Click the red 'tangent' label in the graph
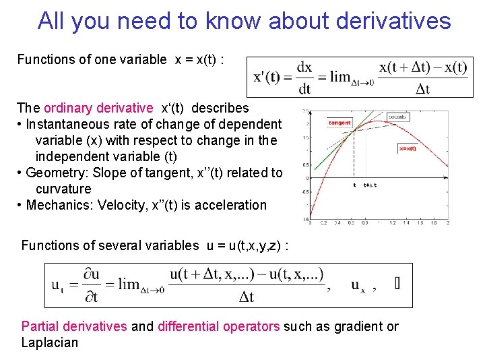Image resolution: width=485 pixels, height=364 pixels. (339, 123)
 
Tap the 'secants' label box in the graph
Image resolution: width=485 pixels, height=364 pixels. (397, 117)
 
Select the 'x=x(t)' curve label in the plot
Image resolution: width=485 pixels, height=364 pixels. (407, 149)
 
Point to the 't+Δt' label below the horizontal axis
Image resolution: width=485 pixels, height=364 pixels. (370, 185)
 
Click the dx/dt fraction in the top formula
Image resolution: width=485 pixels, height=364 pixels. (304, 77)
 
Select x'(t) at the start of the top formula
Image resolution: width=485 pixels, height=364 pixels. (267, 77)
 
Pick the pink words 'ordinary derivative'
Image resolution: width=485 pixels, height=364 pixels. (98, 108)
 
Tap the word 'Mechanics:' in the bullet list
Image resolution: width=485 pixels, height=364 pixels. (57, 205)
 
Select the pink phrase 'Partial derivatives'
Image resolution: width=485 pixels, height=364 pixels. (74, 326)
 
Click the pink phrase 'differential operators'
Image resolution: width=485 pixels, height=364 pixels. (218, 326)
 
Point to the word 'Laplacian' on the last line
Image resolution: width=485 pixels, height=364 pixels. (50, 342)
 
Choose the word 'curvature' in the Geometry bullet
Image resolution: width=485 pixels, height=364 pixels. (63, 189)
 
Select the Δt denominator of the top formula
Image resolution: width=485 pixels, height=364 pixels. (423, 88)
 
